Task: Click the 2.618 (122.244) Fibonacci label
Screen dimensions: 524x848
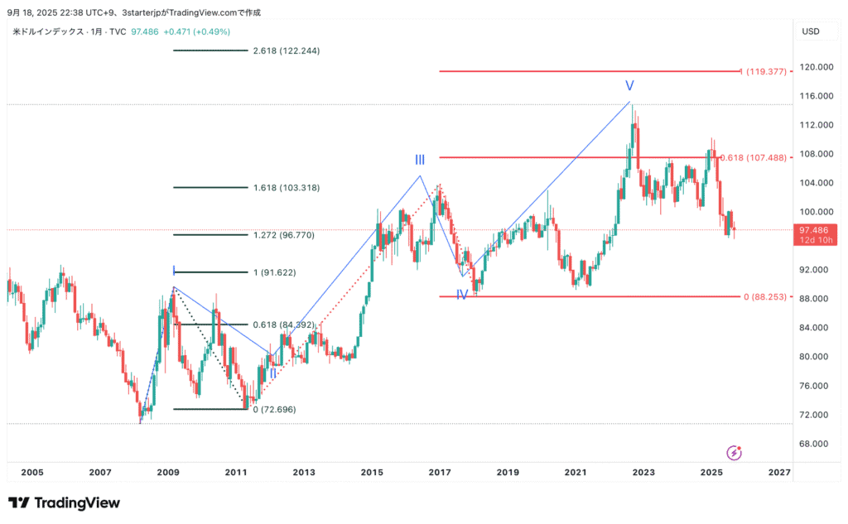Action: click(287, 50)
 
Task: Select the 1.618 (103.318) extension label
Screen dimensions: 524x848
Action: click(287, 188)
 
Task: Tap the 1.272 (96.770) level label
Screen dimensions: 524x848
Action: click(284, 235)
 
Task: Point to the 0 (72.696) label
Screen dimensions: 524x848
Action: click(274, 410)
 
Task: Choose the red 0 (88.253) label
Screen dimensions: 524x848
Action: click(764, 296)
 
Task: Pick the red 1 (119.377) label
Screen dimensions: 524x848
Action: click(765, 71)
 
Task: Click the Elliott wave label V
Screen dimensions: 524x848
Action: click(629, 85)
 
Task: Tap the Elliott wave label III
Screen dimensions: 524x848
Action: click(421, 160)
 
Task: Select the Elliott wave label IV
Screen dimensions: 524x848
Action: click(462, 294)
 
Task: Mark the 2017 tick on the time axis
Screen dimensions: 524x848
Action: click(440, 472)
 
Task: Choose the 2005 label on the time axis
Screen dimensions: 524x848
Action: click(31, 472)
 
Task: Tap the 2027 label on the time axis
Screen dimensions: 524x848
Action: click(778, 472)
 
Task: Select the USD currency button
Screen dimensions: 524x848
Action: click(811, 31)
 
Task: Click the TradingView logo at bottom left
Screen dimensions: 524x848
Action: click(64, 502)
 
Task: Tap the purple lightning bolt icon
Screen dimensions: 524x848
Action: click(734, 452)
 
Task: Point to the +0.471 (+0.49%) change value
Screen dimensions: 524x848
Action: click(197, 31)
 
